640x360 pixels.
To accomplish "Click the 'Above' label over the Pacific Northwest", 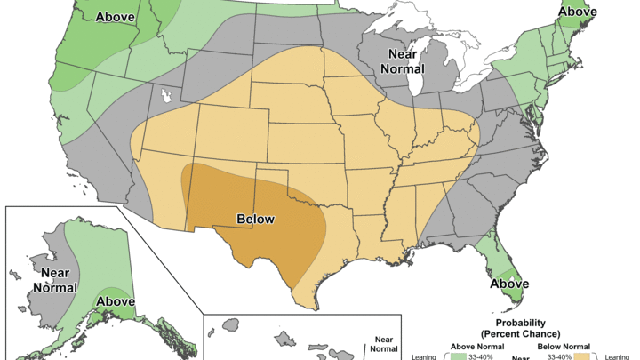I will [x=115, y=17].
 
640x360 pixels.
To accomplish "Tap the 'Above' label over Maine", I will [x=577, y=12].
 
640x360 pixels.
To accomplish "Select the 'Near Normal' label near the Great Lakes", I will [x=403, y=61].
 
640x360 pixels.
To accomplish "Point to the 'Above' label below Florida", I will [x=508, y=284].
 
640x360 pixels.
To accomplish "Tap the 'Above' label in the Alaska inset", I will [x=115, y=301].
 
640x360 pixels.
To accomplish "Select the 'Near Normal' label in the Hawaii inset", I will [x=383, y=345].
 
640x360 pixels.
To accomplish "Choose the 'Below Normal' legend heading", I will [x=563, y=346].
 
